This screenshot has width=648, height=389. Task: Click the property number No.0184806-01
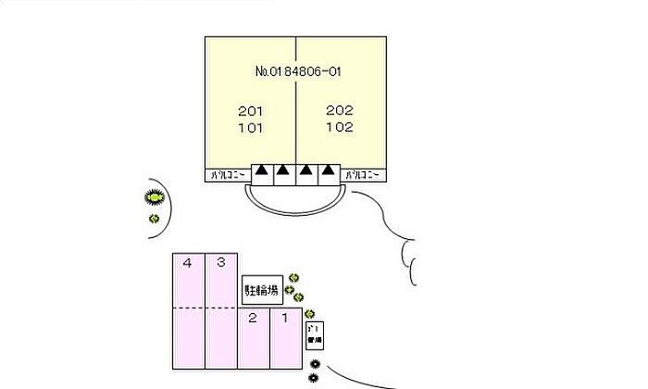(296, 70)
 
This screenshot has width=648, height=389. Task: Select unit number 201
(251, 110)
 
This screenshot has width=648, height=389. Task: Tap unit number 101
(251, 128)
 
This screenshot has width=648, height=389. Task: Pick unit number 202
(340, 110)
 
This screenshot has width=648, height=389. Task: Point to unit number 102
(340, 128)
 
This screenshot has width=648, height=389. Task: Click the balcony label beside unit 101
(227, 174)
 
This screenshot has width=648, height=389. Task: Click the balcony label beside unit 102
(365, 174)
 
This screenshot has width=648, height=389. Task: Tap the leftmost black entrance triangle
(262, 171)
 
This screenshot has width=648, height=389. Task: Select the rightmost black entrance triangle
(328, 171)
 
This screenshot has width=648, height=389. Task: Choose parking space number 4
(187, 263)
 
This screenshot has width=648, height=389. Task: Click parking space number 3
(220, 263)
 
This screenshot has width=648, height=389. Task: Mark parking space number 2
(252, 319)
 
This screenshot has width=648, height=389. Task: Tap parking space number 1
(285, 319)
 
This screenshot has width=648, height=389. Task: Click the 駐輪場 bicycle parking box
(261, 290)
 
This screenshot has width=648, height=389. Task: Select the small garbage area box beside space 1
(314, 335)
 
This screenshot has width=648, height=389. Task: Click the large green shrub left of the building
(154, 196)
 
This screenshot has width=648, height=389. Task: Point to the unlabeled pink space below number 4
(188, 337)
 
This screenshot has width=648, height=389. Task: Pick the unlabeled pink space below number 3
(221, 337)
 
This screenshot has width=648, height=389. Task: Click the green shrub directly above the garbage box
(310, 314)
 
